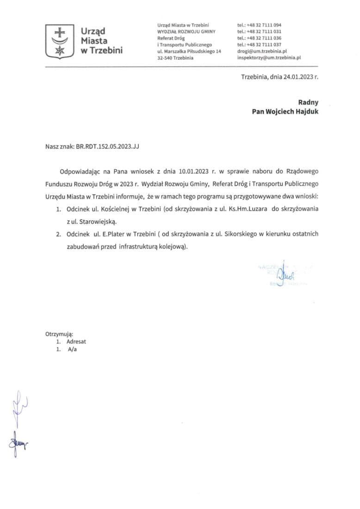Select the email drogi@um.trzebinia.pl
262,51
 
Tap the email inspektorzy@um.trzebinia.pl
269,58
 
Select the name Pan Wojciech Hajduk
285,112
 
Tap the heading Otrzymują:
59,333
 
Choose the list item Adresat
76,341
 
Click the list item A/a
72,350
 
